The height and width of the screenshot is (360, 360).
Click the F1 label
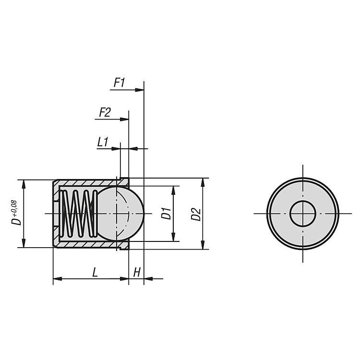tap(119, 83)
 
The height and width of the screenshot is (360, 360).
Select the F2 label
tap(105, 112)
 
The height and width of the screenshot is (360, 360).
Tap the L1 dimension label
tap(103, 142)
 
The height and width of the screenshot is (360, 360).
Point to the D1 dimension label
tap(166, 213)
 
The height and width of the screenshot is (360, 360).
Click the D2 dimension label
tap(196, 214)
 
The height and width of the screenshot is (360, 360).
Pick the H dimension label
tap(137, 272)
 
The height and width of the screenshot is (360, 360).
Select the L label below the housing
tap(95, 272)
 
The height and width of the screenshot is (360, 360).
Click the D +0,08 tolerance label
tap(16, 213)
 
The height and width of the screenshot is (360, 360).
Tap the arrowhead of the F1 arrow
tap(139, 90)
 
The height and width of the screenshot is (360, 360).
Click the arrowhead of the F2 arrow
tap(124, 119)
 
